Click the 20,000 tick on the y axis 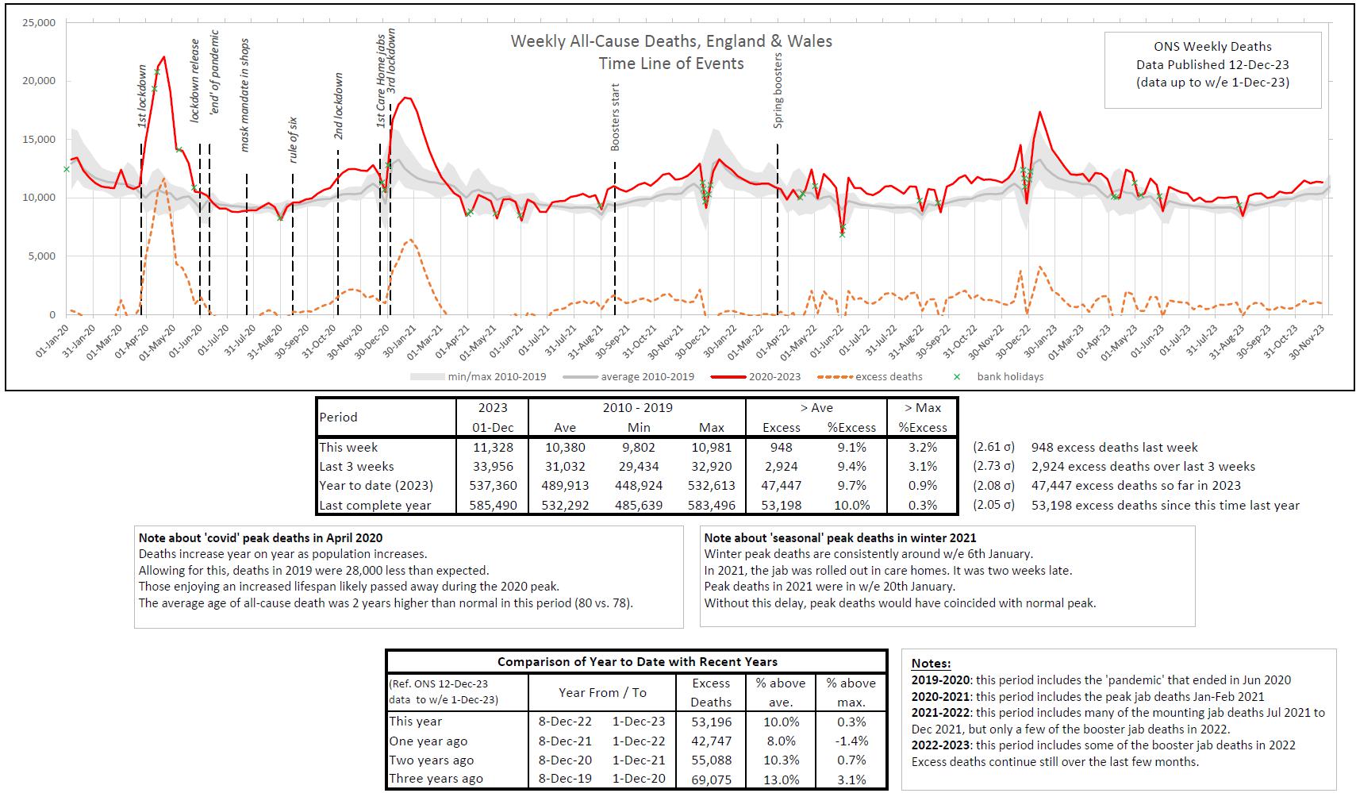pos(38,81)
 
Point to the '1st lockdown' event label pos(142,96)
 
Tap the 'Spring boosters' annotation pos(778,90)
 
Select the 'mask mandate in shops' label pos(244,94)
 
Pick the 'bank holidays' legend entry pos(1009,376)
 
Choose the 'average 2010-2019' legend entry pos(647,376)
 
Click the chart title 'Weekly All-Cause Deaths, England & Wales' pos(671,41)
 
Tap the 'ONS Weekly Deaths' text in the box pos(1212,47)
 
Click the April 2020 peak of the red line pos(163,57)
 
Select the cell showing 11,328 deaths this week pos(492,447)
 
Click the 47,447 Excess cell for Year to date pos(781,485)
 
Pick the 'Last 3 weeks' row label pos(356,466)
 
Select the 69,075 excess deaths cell pos(710,779)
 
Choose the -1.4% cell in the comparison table pos(851,741)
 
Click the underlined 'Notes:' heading pos(931,664)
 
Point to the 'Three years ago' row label pos(436,779)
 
